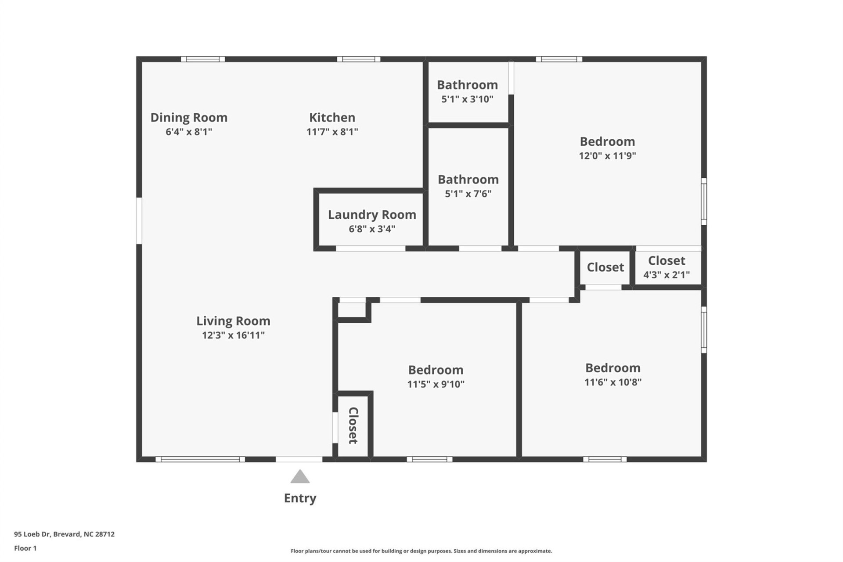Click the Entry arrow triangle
coord(300,477)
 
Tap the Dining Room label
coord(189,118)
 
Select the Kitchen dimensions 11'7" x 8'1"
coord(332,132)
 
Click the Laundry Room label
coord(372,215)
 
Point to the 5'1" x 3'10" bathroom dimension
coord(467,99)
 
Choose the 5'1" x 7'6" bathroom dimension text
coord(468,194)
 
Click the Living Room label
coord(233,321)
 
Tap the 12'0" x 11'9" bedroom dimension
coord(607,156)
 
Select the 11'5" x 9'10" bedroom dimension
coord(436,384)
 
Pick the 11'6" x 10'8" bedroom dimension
coord(612,382)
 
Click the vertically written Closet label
coord(353,425)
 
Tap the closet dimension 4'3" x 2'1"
coord(666,275)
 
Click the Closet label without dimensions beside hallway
coord(605,267)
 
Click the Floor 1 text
coord(25,548)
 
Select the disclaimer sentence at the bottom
coord(421,551)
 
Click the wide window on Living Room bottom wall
coord(200,459)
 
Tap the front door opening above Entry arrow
coord(299,459)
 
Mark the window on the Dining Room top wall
coord(203,59)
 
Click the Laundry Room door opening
coord(370,249)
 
